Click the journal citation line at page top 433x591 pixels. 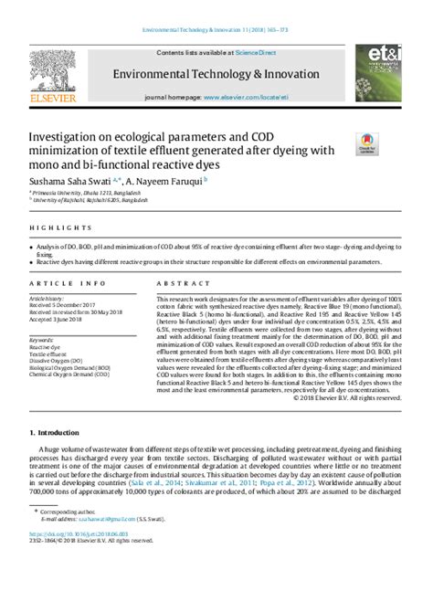(x=216, y=31)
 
